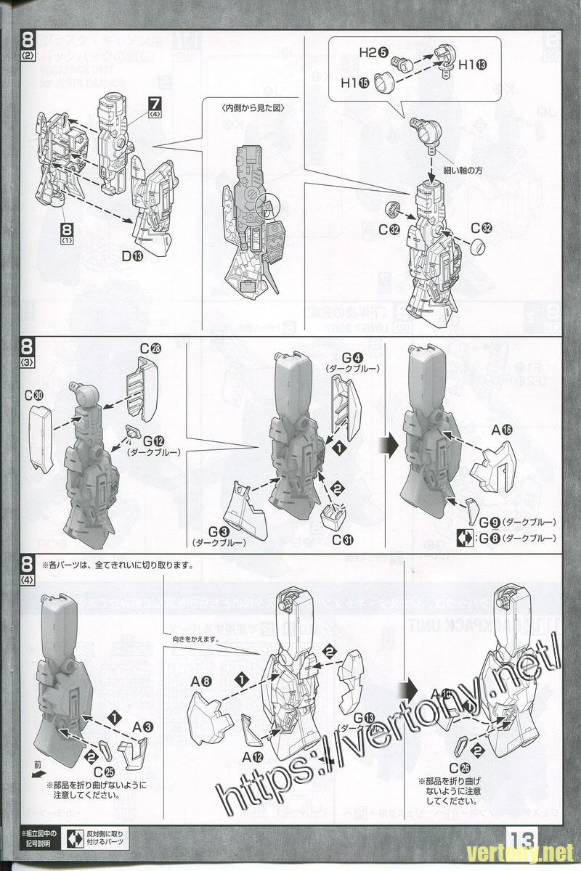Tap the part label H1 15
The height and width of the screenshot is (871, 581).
[354, 84]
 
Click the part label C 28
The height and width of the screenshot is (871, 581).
[150, 349]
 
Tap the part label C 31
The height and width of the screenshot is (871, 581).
[343, 539]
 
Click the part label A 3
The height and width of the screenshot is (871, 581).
[143, 726]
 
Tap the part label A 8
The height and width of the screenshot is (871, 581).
[201, 682]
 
